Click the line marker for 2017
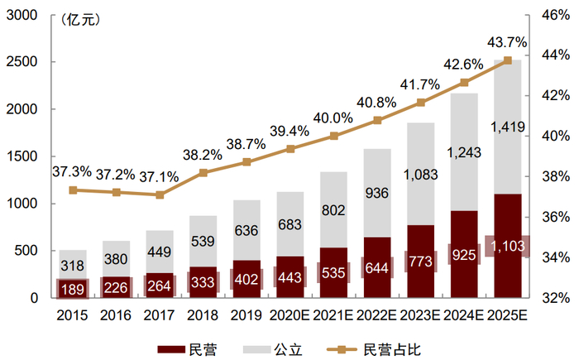160,194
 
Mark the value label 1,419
508,127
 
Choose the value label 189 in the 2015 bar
73,288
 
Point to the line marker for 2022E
377,120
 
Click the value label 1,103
508,246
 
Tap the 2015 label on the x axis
73,316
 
